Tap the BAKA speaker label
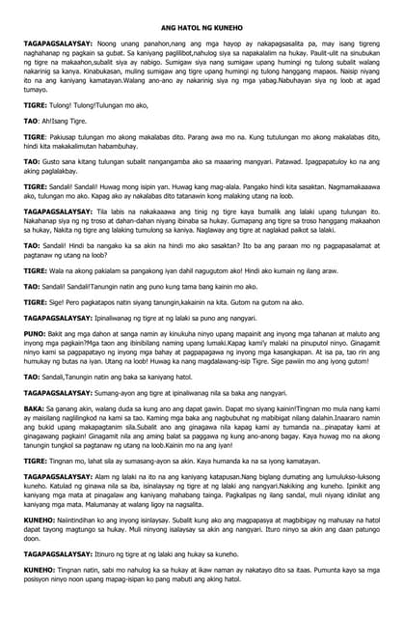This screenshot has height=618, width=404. [36, 408]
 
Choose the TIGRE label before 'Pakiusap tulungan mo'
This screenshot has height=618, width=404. [37, 137]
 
